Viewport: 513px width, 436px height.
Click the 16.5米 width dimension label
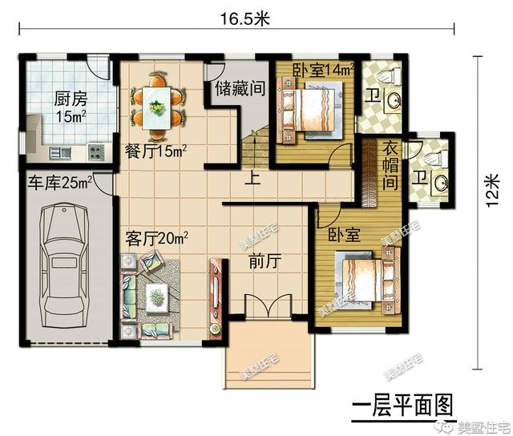point(244,18)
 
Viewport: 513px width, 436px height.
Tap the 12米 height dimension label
point(491,191)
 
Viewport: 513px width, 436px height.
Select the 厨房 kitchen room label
point(71,99)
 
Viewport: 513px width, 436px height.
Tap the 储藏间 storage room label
point(240,89)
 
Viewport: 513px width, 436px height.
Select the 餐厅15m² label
point(156,151)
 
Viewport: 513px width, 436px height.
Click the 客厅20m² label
point(156,239)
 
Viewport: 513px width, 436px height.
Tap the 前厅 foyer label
point(265,261)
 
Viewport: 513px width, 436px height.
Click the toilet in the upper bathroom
point(389,75)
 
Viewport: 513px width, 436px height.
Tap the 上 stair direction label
point(253,180)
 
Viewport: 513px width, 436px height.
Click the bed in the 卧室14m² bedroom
point(311,111)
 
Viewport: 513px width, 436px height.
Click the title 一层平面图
point(402,406)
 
